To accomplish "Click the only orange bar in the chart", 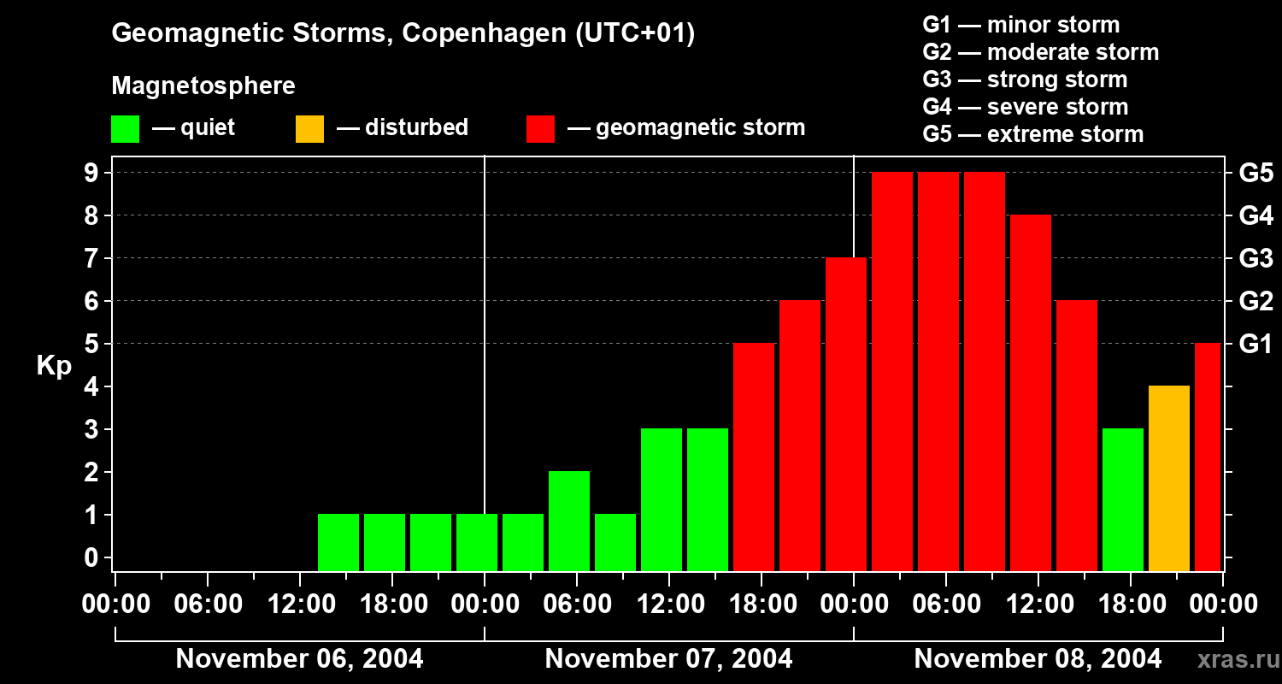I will [x=1169, y=478].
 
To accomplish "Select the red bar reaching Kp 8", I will [x=1031, y=392].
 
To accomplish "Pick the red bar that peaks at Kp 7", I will [x=846, y=414].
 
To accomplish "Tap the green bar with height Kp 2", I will [x=569, y=521].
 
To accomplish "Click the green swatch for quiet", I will [x=125, y=129].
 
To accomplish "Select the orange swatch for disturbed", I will [x=309, y=129].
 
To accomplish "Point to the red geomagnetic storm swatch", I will [x=540, y=129].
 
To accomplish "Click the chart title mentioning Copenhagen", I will [x=403, y=33].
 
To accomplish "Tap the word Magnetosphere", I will [x=203, y=86].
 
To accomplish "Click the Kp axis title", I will [x=54, y=366].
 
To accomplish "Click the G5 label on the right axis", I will [x=1256, y=174].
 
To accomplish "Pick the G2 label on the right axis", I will [x=1256, y=302].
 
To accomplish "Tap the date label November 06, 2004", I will [x=299, y=658].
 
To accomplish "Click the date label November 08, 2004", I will [x=1038, y=658].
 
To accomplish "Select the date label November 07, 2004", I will [x=668, y=658].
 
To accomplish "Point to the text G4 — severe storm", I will [x=1026, y=107].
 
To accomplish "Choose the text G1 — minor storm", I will [x=1021, y=25].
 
